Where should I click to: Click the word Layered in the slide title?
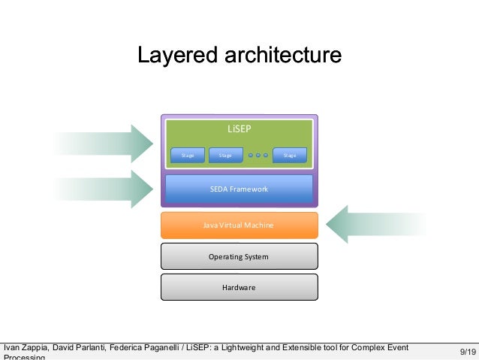click(170, 56)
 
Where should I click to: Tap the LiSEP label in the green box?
click(239, 129)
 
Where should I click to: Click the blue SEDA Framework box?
click(239, 189)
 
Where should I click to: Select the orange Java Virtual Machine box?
click(239, 225)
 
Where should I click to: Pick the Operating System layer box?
click(239, 256)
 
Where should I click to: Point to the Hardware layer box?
click(239, 287)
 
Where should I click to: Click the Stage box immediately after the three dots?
click(290, 156)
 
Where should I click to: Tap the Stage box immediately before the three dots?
click(225, 156)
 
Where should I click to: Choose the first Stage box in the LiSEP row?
click(188, 156)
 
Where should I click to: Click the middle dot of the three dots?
click(258, 156)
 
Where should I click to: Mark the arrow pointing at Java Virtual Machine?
click(375, 225)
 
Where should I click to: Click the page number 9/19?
click(466, 351)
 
